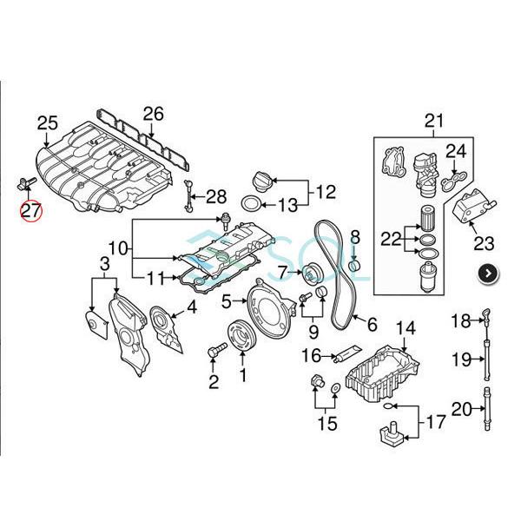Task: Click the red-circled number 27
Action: (31, 210)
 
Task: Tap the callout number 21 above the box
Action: (433, 121)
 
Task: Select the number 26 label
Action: (153, 113)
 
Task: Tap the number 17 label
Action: (434, 422)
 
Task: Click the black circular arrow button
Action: (491, 273)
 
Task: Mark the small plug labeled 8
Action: (354, 261)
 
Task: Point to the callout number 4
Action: (191, 306)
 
